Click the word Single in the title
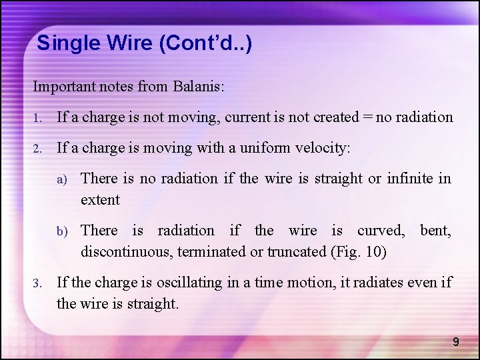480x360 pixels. click(x=63, y=44)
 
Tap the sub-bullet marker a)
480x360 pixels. click(x=62, y=179)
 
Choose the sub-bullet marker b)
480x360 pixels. click(x=62, y=231)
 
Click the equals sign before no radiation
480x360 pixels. click(x=367, y=117)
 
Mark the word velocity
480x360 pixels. click(x=325, y=148)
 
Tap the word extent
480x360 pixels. click(x=100, y=199)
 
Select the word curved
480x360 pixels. click(x=380, y=230)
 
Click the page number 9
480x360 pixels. click(x=456, y=342)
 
